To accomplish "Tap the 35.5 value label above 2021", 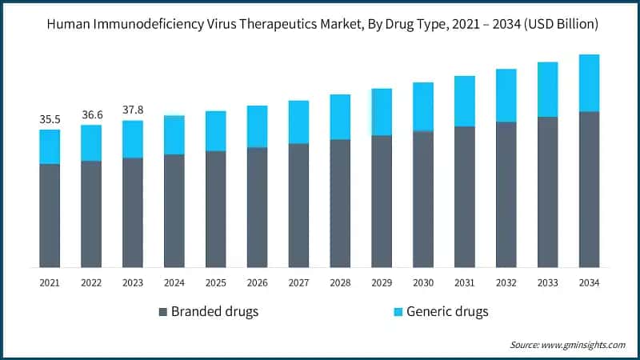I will click(50, 119).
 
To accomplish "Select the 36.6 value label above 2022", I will click(91, 114).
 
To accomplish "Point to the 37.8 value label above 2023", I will click(133, 110).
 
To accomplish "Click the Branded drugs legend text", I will click(214, 311).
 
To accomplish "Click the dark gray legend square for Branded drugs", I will click(163, 311).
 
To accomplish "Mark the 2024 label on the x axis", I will click(174, 282).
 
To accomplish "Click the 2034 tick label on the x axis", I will click(590, 282).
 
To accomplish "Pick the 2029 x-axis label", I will click(382, 282).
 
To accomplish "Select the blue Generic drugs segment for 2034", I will click(590, 82).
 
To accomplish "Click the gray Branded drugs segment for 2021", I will click(50, 215).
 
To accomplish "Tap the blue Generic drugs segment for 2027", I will click(299, 122).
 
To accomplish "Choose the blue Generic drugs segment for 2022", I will click(91, 142).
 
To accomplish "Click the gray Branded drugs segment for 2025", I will click(216, 209).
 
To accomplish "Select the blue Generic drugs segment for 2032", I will click(506, 95).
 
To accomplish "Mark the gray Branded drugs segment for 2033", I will click(548, 192).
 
